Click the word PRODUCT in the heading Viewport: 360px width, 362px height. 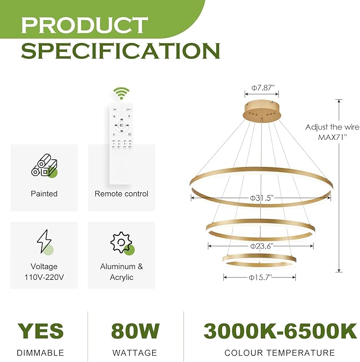pyautogui.click(x=84, y=25)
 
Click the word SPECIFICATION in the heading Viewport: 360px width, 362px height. pyautogui.click(x=120, y=50)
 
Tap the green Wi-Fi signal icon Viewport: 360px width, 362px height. pyautogui.click(x=121, y=94)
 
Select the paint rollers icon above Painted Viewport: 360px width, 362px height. pyautogui.click(x=44, y=165)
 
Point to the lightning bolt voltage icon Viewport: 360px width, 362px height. pyautogui.click(x=44, y=242)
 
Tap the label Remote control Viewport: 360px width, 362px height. pyautogui.click(x=121, y=194)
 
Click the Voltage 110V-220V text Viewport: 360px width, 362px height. pyautogui.click(x=44, y=272)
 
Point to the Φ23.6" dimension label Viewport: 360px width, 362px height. pyautogui.click(x=261, y=245)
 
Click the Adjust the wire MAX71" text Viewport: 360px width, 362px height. pyautogui.click(x=332, y=131)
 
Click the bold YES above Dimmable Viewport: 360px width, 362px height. pyautogui.click(x=40, y=331)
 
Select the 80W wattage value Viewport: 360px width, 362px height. pyautogui.click(x=135, y=331)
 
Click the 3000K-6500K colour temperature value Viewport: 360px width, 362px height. pyautogui.click(x=280, y=331)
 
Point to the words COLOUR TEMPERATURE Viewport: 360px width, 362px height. pyautogui.click(x=279, y=352)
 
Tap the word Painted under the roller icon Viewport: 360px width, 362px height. pyautogui.click(x=44, y=194)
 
